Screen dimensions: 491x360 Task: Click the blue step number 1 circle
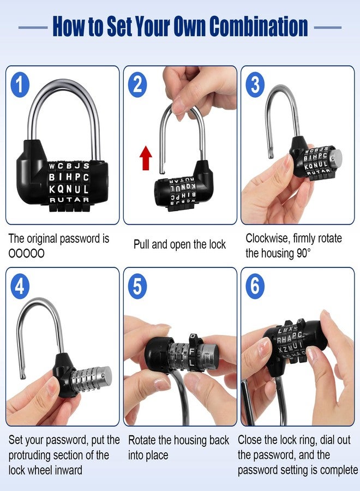coord(21,85)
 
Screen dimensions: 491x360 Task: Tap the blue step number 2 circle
coord(139,85)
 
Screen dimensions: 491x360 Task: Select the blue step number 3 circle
coord(255,85)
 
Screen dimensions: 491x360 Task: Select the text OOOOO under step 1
coord(27,254)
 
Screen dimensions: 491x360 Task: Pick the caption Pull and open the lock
coord(179,244)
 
